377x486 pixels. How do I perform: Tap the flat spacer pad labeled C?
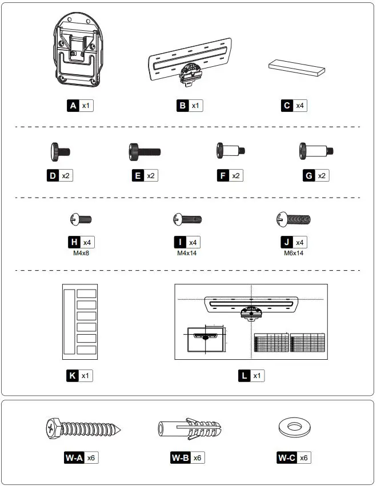click(296, 66)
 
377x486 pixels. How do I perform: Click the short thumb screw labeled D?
click(59, 152)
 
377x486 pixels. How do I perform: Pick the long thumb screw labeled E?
click(145, 152)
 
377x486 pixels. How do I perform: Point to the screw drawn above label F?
click(230, 152)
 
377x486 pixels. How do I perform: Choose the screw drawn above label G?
click(316, 152)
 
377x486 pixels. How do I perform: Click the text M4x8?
click(80, 252)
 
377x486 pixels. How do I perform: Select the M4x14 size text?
click(187, 252)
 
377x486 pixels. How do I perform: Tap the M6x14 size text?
click(293, 252)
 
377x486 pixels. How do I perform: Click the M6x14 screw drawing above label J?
click(293, 219)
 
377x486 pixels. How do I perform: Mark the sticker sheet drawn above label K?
click(79, 323)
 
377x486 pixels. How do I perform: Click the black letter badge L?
click(244, 376)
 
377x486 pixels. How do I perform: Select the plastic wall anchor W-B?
click(188, 428)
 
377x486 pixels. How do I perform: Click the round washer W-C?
click(294, 427)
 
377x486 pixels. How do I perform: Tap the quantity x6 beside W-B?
click(197, 457)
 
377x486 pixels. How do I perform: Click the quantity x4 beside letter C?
click(300, 106)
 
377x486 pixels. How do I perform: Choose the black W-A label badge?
click(74, 457)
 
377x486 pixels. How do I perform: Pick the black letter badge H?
click(73, 242)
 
